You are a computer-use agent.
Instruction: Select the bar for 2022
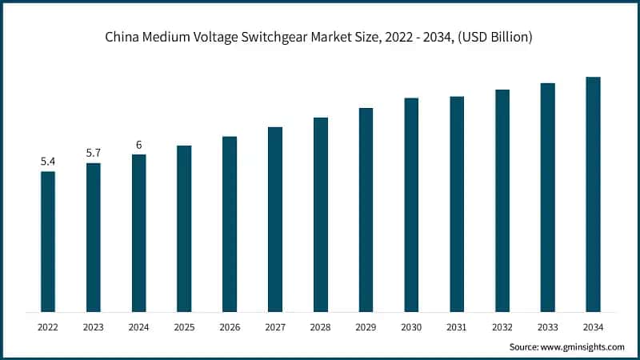tap(48, 241)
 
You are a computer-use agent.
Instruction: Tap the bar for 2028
tap(321, 214)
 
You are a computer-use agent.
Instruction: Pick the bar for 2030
tap(411, 204)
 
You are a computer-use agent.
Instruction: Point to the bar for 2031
tap(457, 203)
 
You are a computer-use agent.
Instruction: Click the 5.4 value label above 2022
tap(48, 162)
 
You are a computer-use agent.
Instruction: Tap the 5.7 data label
tap(94, 153)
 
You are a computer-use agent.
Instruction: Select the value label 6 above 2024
tap(139, 145)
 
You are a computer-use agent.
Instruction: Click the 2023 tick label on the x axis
tap(94, 327)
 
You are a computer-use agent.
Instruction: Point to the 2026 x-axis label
tap(230, 327)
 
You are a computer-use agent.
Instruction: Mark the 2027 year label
tap(275, 327)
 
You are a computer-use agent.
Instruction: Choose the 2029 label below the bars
tap(366, 327)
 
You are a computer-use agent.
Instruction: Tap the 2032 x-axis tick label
tap(502, 327)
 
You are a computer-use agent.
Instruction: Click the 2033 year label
tap(547, 327)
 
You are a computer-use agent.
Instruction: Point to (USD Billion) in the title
tap(494, 38)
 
